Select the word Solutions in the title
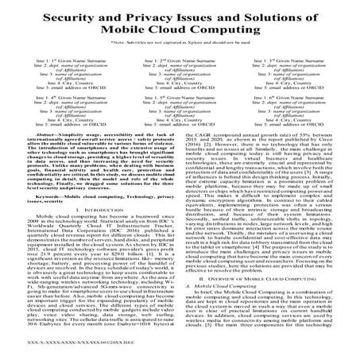pyautogui.click(x=260, y=16)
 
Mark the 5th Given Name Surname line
pyautogui.click(x=180, y=101)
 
